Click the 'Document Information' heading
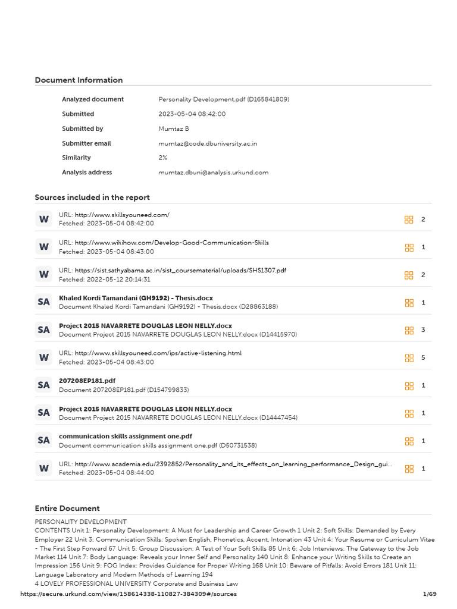[x=79, y=80]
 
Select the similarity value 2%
[x=162, y=158]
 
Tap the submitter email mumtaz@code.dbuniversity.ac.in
[x=208, y=143]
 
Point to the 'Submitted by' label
[x=82, y=128]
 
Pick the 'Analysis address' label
[x=87, y=172]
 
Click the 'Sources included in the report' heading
[x=92, y=197]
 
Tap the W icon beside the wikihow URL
[x=43, y=247]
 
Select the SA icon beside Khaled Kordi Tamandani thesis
[x=43, y=302]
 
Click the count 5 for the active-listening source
[x=423, y=358]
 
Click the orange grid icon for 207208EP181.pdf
[x=409, y=385]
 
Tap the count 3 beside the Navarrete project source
[x=423, y=330]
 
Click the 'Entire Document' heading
[x=67, y=508]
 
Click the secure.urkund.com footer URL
[x=129, y=594]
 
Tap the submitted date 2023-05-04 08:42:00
[x=192, y=114]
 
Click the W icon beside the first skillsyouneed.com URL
[x=43, y=219]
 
